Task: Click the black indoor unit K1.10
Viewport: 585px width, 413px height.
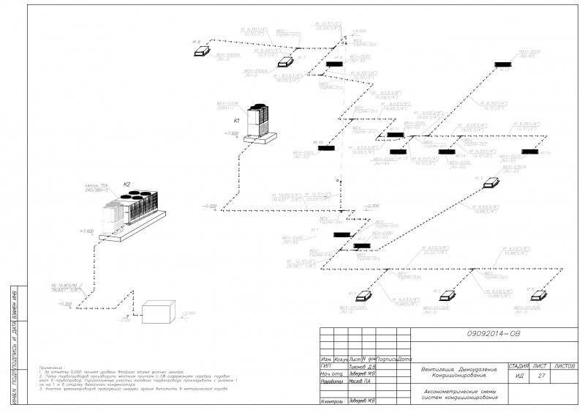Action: click(x=325, y=148)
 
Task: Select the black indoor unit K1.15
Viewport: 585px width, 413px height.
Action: click(x=527, y=152)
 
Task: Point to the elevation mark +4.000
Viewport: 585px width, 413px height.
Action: click(x=359, y=31)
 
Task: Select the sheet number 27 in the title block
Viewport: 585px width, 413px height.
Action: click(x=541, y=376)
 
